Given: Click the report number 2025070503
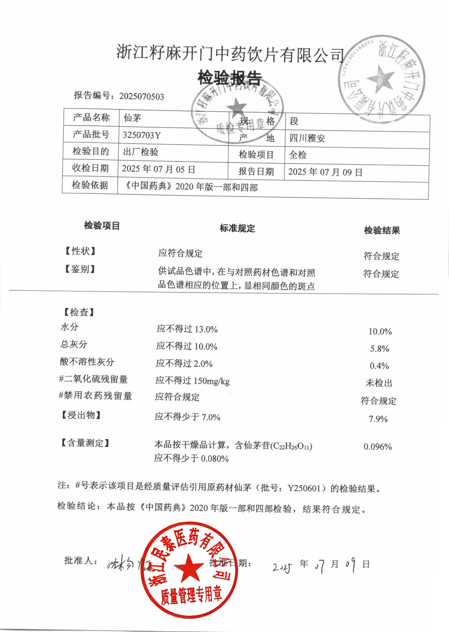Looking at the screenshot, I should coord(141,97).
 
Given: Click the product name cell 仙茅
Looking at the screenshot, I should coord(132,118).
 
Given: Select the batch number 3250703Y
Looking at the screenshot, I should coord(141,135).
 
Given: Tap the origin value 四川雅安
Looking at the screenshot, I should coord(307,138).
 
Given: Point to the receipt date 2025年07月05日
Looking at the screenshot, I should coord(159,169).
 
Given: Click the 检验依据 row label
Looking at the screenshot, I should coord(90,185).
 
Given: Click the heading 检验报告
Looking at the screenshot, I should coord(229,78).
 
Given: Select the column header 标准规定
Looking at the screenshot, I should coord(237,228).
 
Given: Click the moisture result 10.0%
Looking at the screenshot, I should coord(380,331).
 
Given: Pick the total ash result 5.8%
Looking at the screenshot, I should coord(379,349).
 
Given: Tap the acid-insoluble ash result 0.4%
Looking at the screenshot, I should coord(379,366).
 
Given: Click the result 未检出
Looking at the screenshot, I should coord(379,383).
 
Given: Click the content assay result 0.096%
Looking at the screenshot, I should coord(378,447).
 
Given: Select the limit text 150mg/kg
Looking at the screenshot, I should coord(212,381).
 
